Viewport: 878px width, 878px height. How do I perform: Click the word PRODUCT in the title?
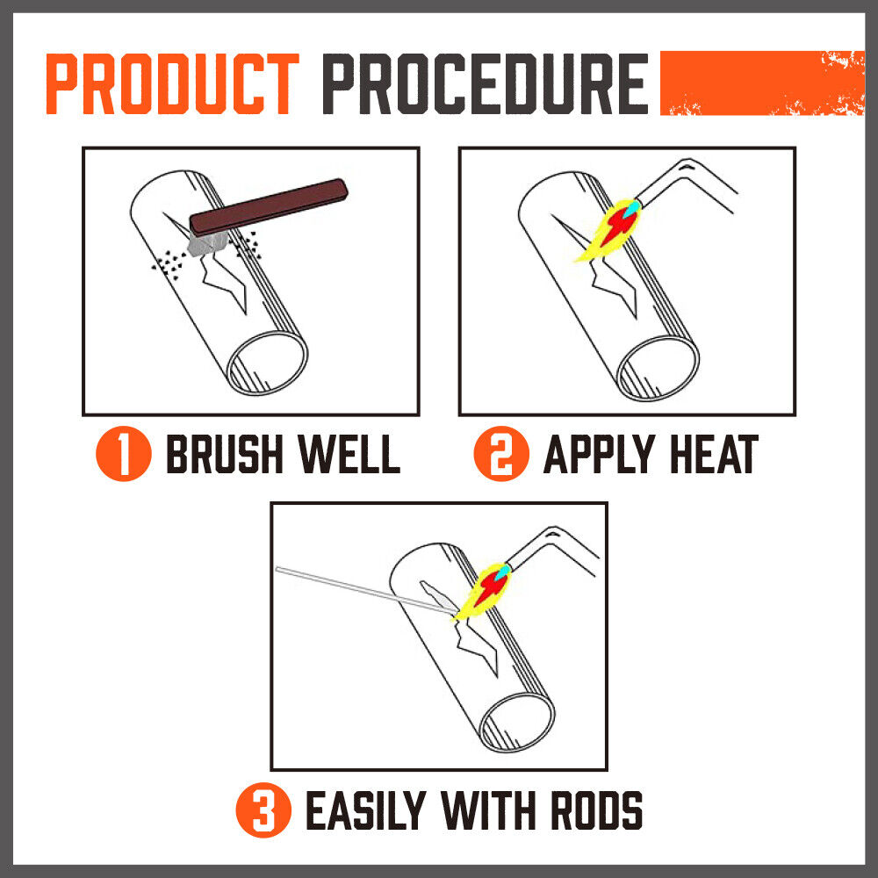172,84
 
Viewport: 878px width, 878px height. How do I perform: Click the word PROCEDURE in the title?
486,84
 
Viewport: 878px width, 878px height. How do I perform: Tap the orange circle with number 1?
124,454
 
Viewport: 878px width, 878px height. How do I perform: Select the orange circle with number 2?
501,454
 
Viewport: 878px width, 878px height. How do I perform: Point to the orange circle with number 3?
263,810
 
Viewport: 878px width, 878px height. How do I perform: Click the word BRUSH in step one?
225,454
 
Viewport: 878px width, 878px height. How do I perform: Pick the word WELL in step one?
349,454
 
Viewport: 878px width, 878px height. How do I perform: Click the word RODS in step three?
597,810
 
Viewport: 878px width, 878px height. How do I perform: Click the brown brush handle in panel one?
269,206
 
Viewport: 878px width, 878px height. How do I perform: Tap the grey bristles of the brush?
207,243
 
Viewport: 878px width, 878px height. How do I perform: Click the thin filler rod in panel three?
365,590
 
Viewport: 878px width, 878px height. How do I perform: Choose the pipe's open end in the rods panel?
517,723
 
